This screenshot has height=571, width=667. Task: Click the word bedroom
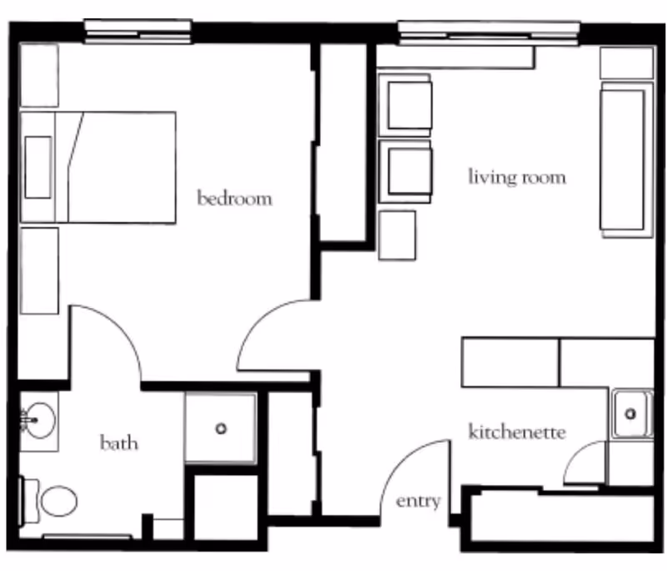pos(234,199)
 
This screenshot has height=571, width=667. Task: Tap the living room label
pos(517,177)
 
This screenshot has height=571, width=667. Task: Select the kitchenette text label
pos(517,432)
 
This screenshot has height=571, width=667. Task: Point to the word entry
pos(418,501)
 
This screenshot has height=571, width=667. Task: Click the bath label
pos(118,442)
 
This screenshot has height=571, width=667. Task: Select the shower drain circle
pos(221,428)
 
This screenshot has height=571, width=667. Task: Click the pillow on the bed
pos(38,167)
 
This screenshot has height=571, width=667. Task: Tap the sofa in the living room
pos(622,159)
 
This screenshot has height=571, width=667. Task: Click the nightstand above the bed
pos(38,75)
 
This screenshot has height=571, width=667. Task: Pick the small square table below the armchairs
pos(397,235)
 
